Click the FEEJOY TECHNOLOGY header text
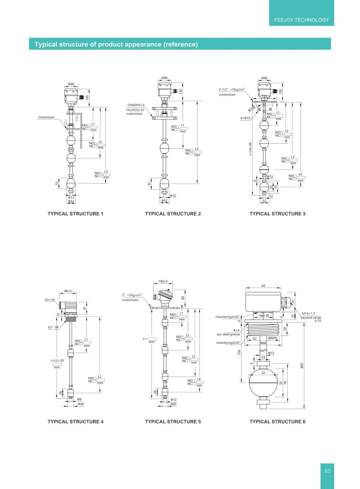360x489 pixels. click(x=301, y=20)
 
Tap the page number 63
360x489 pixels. click(x=327, y=471)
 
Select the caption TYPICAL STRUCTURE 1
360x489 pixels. click(x=75, y=214)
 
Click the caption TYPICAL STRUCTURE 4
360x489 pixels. click(x=75, y=422)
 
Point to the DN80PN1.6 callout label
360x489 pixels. click(x=136, y=105)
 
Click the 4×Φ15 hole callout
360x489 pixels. click(x=245, y=118)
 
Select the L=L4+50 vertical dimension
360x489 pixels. click(x=250, y=149)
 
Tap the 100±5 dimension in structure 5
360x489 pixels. click(x=163, y=281)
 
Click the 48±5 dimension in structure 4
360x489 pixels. click(x=68, y=291)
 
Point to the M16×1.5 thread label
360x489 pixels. click(x=308, y=314)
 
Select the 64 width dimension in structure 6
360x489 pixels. click(x=263, y=286)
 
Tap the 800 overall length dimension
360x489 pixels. click(x=302, y=366)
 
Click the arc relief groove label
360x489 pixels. click(x=228, y=334)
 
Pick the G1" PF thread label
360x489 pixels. click(x=53, y=327)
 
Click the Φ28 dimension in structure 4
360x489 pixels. click(x=81, y=404)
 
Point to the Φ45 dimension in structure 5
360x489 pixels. click(x=173, y=404)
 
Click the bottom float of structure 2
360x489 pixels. click(x=164, y=184)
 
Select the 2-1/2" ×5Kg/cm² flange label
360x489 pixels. click(x=232, y=89)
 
